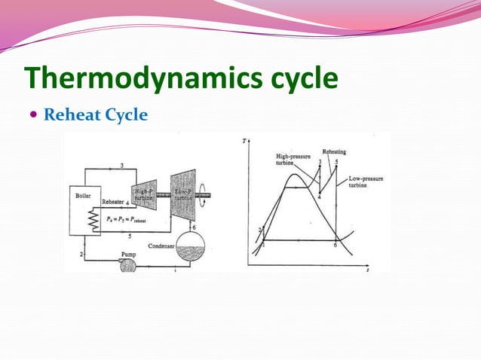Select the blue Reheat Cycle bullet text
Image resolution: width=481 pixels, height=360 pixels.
[x=95, y=115]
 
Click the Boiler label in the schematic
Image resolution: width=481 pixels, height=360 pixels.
[x=83, y=194]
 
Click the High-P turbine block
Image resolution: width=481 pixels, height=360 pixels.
[x=144, y=195]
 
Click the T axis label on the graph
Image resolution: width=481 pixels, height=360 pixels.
[x=246, y=141]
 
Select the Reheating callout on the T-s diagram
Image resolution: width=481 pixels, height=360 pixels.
[x=333, y=152]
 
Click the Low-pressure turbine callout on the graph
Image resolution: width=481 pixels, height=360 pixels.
[x=366, y=183]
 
